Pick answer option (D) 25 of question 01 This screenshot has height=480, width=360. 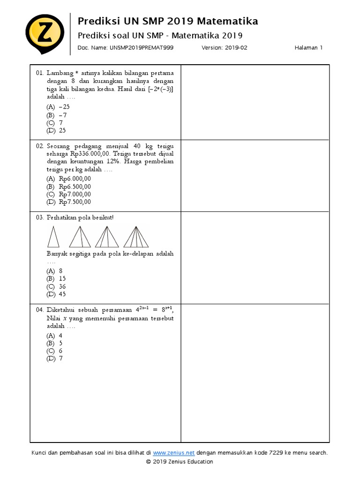[x=57, y=131]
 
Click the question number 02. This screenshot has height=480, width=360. [x=39, y=146]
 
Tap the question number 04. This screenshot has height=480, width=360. [x=39, y=310]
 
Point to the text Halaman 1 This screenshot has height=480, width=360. [x=308, y=48]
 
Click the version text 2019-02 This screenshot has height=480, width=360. [x=236, y=48]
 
